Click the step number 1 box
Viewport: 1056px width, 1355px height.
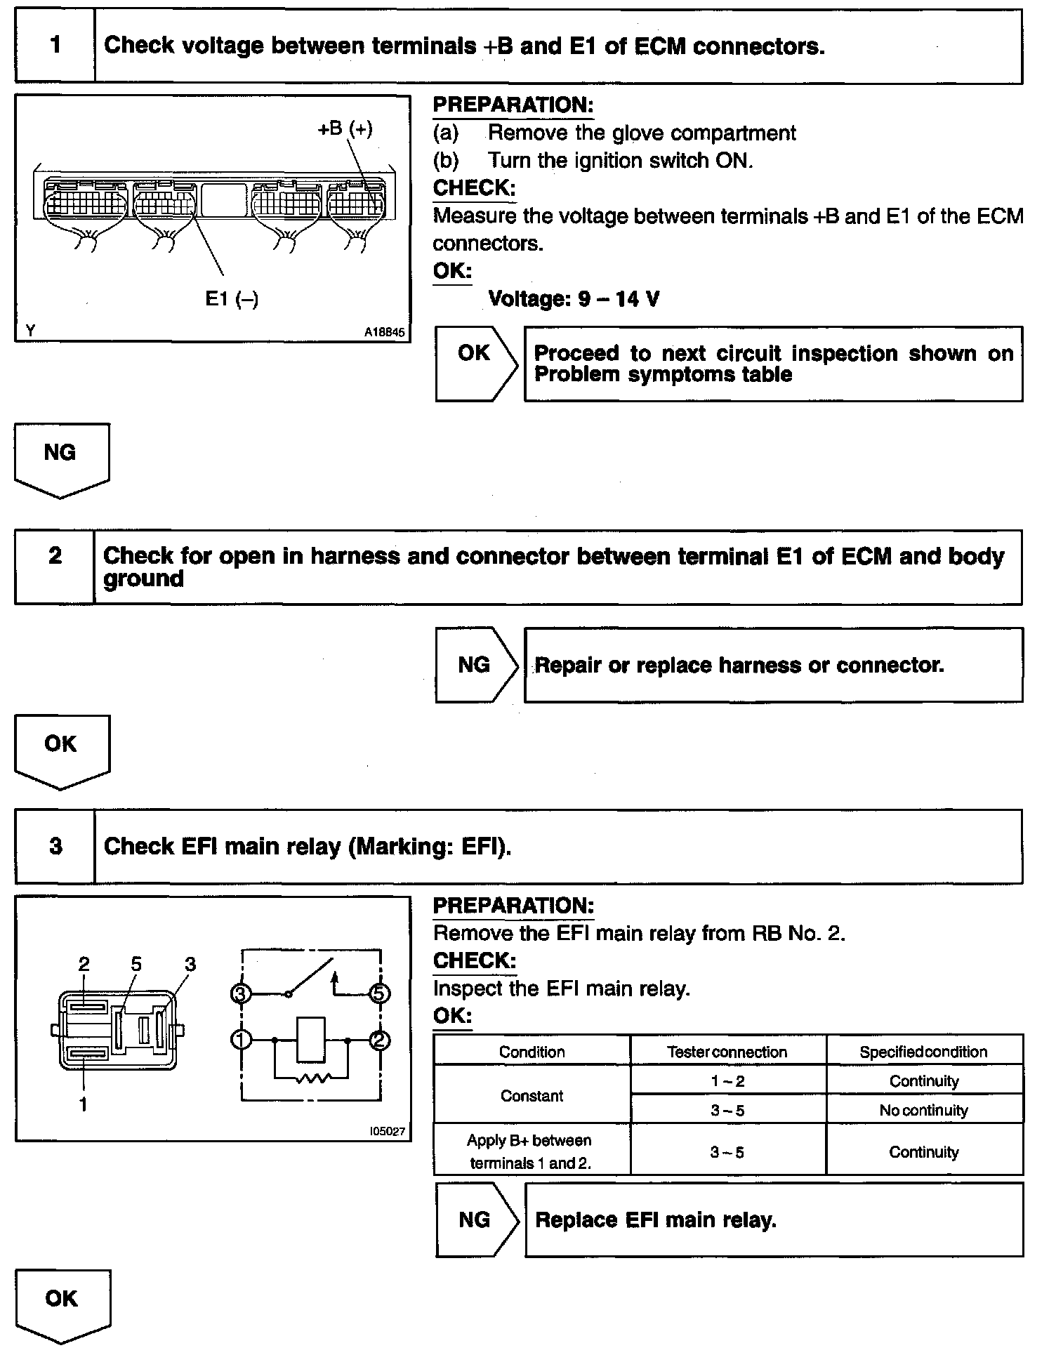tap(55, 46)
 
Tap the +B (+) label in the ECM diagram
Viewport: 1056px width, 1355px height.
tap(345, 129)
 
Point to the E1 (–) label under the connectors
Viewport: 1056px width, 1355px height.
tap(232, 299)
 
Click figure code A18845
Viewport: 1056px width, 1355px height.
tap(384, 333)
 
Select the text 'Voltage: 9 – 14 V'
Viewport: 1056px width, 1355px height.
tap(574, 300)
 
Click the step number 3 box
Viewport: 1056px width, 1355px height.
tap(55, 846)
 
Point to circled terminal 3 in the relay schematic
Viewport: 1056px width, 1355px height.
tap(241, 993)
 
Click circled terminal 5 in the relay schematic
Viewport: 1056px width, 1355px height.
tap(380, 993)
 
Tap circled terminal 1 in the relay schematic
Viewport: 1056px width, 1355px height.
tap(241, 1040)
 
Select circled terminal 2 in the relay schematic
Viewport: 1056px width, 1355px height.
tap(380, 1040)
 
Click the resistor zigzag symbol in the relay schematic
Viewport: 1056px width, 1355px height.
tap(311, 1078)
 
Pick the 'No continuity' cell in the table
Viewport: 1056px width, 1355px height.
tap(923, 1110)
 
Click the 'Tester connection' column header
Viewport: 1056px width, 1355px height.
tap(727, 1052)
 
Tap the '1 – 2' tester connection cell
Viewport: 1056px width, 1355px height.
tap(727, 1081)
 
